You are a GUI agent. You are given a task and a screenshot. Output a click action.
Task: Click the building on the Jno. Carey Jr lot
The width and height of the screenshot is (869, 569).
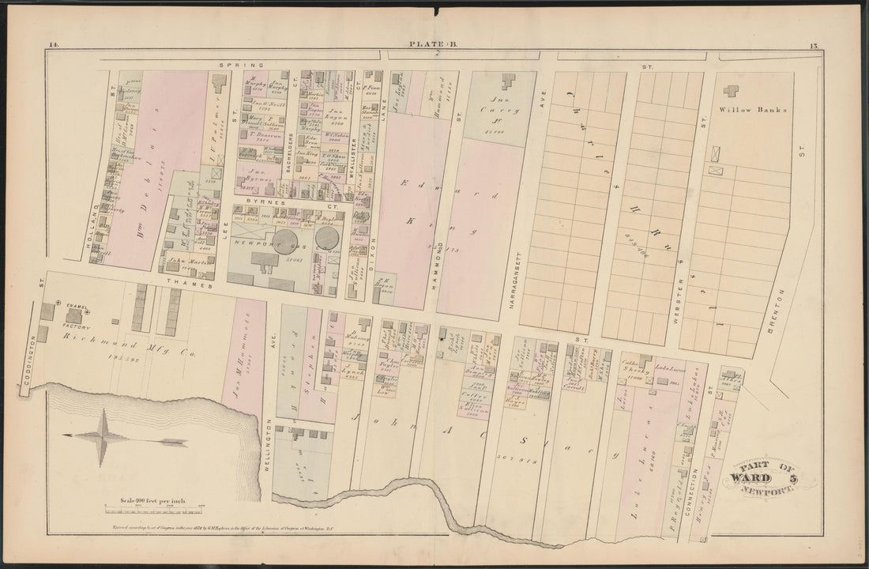(506, 82)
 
